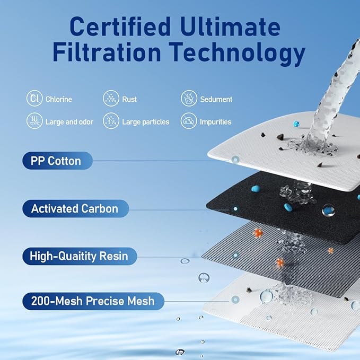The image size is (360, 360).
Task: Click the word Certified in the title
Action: coord(120,27)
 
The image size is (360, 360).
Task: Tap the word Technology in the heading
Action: coord(238,53)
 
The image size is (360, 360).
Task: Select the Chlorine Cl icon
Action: coord(34,98)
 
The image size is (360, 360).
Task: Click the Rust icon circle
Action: coord(111,98)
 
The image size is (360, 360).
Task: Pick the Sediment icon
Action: coord(189,98)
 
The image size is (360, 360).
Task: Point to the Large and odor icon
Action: coord(34,121)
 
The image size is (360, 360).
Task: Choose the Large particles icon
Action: coord(111,121)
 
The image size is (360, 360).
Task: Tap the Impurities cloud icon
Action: coord(189,121)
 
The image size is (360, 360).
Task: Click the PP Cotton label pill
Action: coord(57,161)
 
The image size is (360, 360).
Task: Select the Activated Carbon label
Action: coord(75,208)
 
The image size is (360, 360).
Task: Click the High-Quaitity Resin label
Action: coord(80,256)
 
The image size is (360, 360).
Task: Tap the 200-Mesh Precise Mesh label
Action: coord(93,301)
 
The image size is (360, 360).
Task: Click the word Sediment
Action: coord(216,99)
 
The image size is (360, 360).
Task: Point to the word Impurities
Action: coord(216,122)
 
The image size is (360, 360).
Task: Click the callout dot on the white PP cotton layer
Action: coord(235,160)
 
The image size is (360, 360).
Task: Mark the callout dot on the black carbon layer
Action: coord(235,209)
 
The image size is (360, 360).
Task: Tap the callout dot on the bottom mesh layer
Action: coord(235,300)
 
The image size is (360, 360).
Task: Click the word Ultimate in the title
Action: coord(230,27)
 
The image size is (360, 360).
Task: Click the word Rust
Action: coord(129,99)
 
